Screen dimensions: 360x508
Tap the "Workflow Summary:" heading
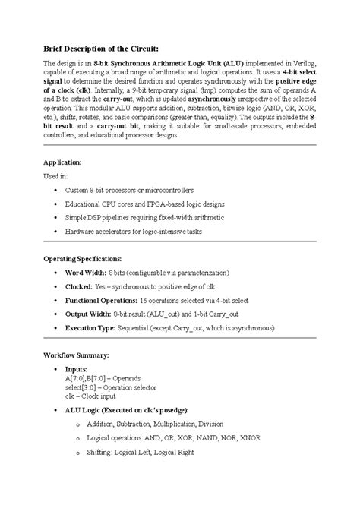pos(76,355)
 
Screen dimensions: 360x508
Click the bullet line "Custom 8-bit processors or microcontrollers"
pos(130,189)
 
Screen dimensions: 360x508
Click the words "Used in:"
pos(55,175)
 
